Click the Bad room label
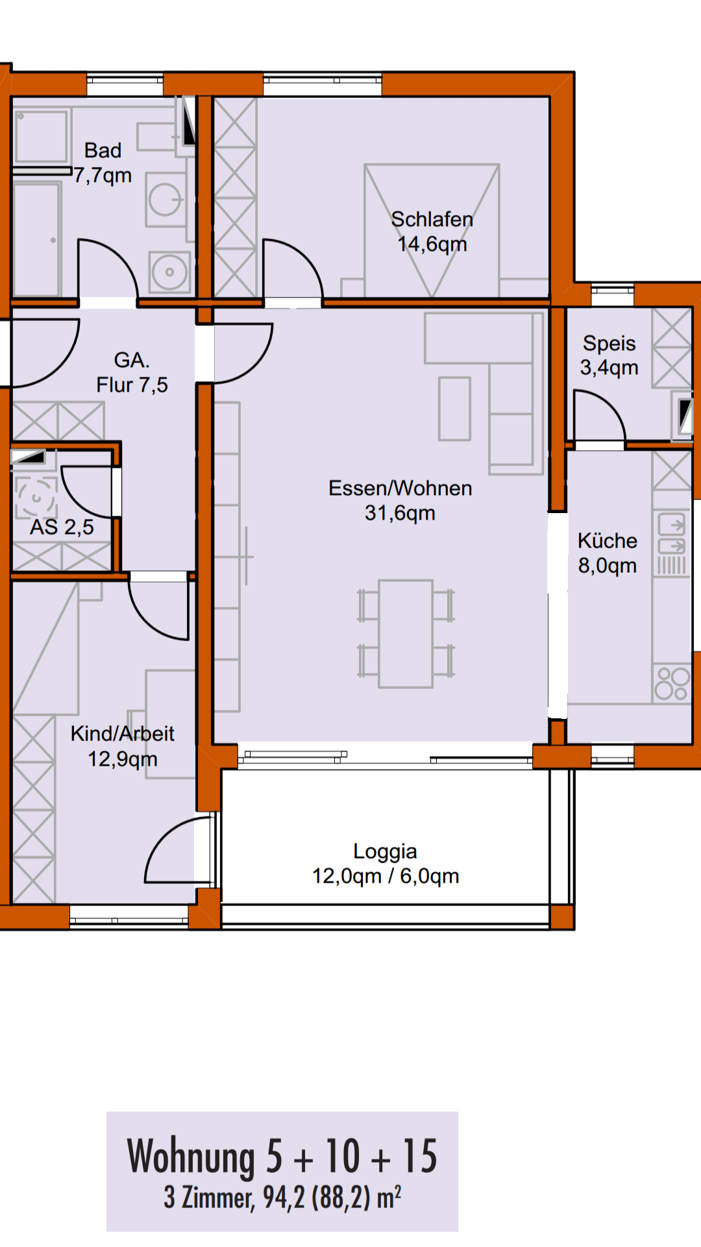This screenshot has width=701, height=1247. (x=103, y=163)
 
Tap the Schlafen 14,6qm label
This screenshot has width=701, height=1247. (x=432, y=232)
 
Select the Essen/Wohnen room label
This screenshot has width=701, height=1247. (x=400, y=501)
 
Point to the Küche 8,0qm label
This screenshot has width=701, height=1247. (x=608, y=553)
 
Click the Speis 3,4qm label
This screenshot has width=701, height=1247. (x=609, y=355)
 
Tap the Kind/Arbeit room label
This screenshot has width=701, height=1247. (x=123, y=746)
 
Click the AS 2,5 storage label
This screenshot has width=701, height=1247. (x=62, y=527)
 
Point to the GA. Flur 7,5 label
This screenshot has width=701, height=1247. (x=132, y=372)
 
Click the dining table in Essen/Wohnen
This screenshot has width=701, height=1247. (x=406, y=634)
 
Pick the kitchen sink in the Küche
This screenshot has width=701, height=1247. (x=671, y=534)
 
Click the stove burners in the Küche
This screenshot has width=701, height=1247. (x=672, y=683)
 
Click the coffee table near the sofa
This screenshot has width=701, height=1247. (x=454, y=409)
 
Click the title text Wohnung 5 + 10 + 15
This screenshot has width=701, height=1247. (x=282, y=1157)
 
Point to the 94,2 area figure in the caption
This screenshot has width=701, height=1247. (x=284, y=1198)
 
